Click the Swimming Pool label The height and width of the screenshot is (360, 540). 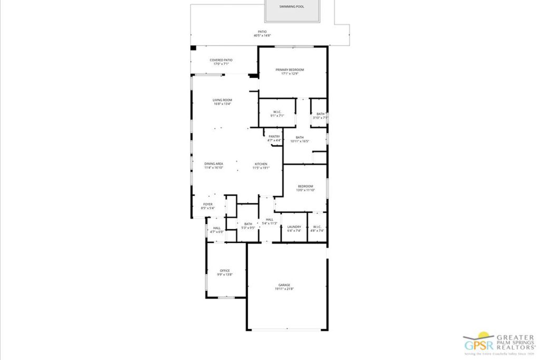coord(292,7)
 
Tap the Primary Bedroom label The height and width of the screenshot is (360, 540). coord(290,70)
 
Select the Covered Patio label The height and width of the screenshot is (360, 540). coord(221,60)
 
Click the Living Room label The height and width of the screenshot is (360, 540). coord(223,100)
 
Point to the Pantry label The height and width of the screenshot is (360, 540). coord(274,137)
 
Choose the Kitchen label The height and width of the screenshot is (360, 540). coord(262,164)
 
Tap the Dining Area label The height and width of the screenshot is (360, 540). coord(214,164)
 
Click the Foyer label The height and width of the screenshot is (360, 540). coord(208,204)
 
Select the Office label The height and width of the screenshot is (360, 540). coord(225,271)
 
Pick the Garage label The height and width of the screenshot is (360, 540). coord(285,285)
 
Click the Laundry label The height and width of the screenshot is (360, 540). coord(294,227)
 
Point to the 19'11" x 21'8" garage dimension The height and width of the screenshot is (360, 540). coord(285,289)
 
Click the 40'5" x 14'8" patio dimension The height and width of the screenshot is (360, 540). coord(262,35)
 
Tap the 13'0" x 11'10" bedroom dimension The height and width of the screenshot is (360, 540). coord(305,190)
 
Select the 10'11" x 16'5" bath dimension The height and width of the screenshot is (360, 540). coord(300,141)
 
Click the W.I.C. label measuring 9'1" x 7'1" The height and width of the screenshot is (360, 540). coord(277,111)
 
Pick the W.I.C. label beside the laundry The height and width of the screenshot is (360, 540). coord(317,227)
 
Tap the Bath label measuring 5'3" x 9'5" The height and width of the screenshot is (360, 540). coord(248,224)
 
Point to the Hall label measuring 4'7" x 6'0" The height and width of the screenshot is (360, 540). coord(217,228)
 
